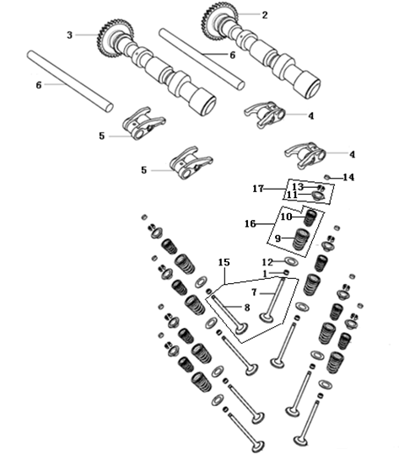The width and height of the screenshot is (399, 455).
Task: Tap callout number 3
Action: point(71,35)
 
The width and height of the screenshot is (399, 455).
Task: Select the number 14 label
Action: point(349,177)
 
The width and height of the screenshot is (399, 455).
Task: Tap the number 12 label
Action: point(267,262)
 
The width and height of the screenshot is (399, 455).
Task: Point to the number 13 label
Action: point(298,186)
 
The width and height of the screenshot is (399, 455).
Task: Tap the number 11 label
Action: point(291,195)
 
